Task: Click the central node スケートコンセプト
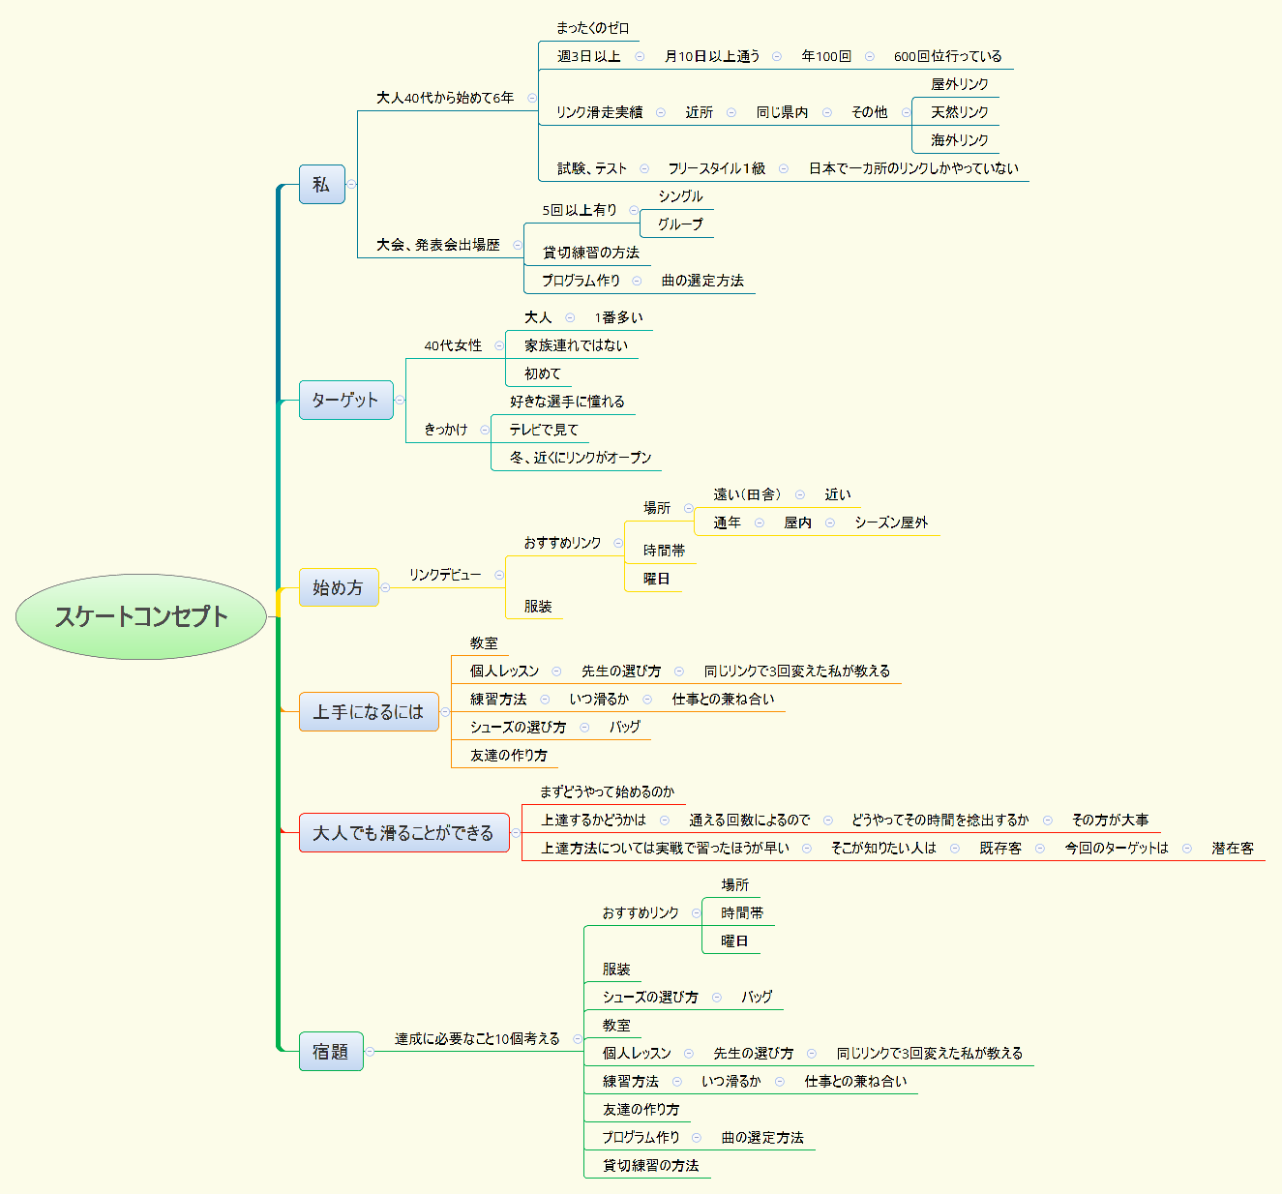(141, 616)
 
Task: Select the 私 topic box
(321, 184)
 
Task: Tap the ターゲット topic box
(345, 400)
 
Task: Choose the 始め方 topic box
(338, 587)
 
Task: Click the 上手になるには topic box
(368, 711)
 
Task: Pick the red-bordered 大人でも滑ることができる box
(403, 832)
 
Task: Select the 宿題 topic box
(331, 1051)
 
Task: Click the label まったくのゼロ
(592, 28)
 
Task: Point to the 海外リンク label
(959, 140)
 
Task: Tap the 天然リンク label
(959, 112)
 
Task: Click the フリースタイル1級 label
(716, 168)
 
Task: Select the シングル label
(680, 196)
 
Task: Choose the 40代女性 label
(453, 345)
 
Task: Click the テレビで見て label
(544, 430)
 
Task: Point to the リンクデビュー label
(444, 575)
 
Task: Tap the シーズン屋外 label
(891, 522)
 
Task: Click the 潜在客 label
(1233, 848)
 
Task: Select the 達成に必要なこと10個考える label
(477, 1038)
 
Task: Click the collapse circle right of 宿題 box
(370, 1052)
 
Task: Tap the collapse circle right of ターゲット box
(400, 400)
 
